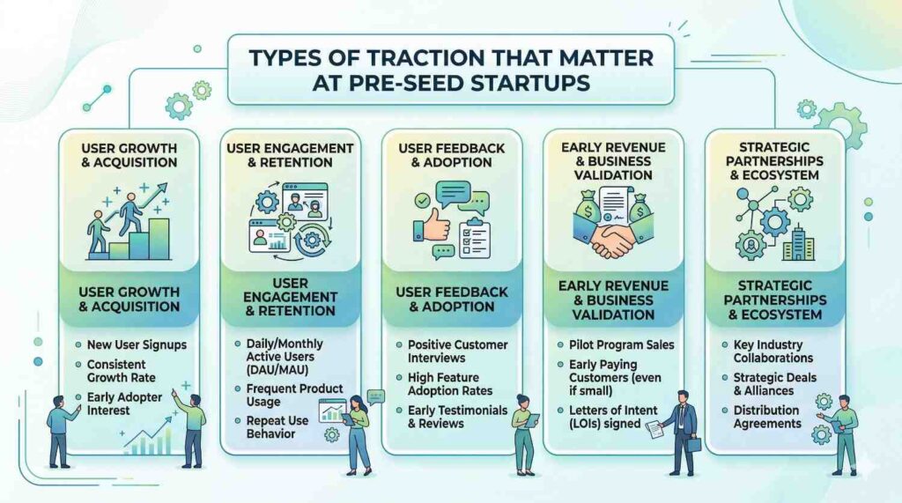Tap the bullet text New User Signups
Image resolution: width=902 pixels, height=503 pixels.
137,344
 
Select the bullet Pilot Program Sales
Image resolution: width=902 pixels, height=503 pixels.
621,344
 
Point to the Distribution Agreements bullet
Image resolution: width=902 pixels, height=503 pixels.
767,417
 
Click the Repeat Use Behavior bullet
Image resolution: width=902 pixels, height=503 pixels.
277,427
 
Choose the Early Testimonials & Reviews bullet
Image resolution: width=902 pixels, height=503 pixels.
457,417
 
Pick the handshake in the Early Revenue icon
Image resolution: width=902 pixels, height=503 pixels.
612,240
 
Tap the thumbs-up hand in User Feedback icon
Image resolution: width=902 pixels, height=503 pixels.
432,226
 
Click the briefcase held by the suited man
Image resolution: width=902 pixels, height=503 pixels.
694,444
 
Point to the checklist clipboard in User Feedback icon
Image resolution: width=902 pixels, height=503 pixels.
474,239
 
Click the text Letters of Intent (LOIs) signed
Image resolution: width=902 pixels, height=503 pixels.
613,417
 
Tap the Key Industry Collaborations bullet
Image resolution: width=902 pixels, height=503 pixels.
773,351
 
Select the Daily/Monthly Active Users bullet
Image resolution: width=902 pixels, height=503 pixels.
285,356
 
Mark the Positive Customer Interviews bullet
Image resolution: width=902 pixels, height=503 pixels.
457,351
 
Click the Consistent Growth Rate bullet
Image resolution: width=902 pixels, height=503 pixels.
121,371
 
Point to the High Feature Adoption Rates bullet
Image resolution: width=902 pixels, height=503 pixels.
450,384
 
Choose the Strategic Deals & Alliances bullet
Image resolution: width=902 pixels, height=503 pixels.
774,384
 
